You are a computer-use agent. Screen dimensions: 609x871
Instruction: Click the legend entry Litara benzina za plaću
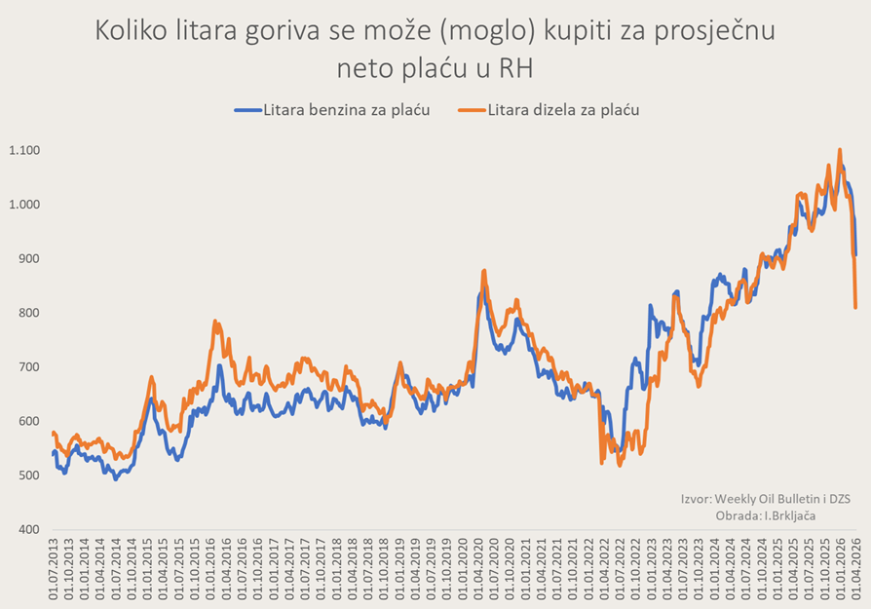click(x=346, y=109)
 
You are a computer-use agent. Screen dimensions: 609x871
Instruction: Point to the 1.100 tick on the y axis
click(x=25, y=150)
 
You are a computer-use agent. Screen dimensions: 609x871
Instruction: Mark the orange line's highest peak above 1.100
click(x=840, y=150)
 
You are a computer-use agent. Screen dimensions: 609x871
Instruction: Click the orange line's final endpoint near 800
click(x=855, y=308)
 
